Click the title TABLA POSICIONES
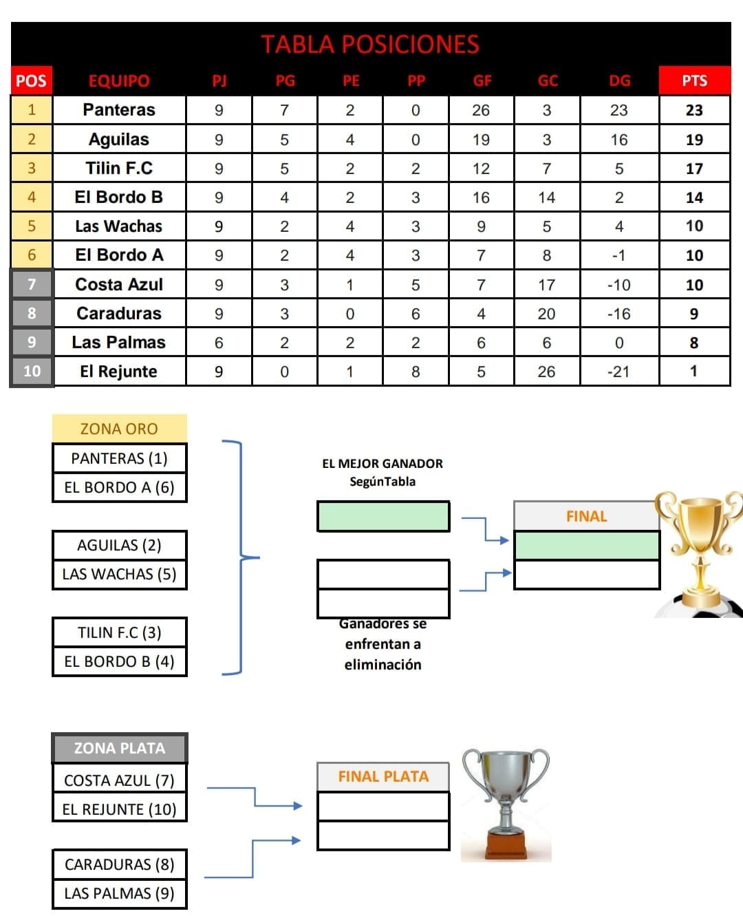370,44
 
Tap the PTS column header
694,81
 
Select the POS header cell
32,81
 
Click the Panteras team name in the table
119,109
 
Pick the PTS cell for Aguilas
694,139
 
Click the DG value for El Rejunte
618,372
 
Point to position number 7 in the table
32,284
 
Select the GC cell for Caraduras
547,314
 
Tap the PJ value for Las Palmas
219,343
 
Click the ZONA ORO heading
119,428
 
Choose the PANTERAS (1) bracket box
120,458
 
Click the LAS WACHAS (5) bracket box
120,574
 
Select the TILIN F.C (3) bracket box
120,632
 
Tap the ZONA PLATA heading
120,748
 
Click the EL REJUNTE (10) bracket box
120,809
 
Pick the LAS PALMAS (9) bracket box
120,893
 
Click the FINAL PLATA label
383,777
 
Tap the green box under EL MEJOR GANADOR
383,516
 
